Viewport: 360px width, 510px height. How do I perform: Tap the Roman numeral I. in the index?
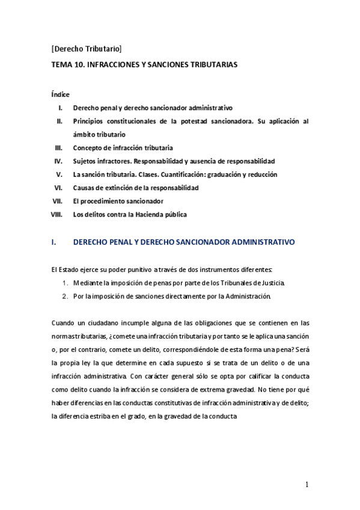coord(61,108)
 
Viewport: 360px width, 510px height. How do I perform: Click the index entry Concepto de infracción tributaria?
coord(123,147)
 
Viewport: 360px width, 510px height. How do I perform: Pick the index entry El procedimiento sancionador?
coord(118,201)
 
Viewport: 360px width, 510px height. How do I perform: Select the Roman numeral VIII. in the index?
coord(57,214)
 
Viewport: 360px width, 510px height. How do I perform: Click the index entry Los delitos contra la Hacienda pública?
coord(130,214)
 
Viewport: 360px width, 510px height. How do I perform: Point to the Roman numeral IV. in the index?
coord(59,161)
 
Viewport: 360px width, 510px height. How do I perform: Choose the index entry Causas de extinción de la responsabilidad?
coord(136,188)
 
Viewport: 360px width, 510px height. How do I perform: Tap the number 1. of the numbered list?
coord(66,283)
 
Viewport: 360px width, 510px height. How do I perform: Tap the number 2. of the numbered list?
coord(66,296)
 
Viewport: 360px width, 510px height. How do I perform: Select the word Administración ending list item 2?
coord(248,296)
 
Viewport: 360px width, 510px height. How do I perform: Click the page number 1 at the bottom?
coord(307,485)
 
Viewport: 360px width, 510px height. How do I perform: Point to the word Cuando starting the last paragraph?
coord(64,322)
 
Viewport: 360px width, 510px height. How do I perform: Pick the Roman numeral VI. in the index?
coord(59,188)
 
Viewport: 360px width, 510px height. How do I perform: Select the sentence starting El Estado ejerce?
coord(162,269)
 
